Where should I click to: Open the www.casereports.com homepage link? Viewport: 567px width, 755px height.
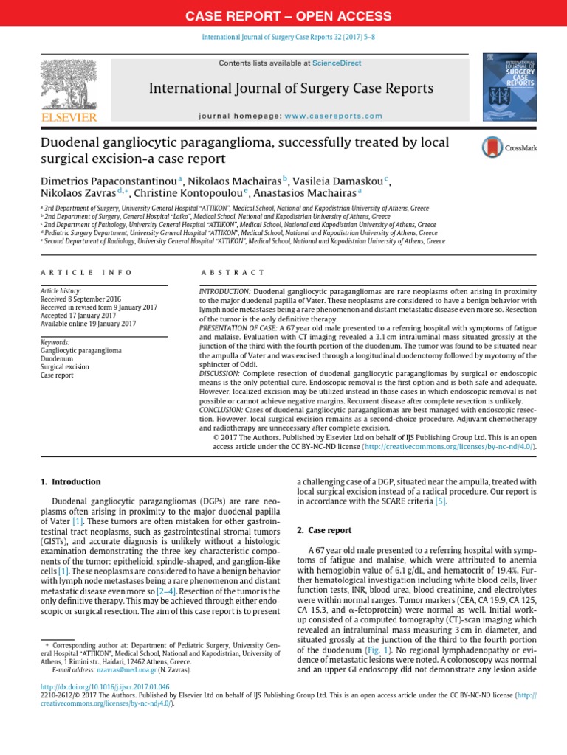[x=334, y=116]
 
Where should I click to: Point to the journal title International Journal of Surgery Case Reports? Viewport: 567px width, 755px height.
[x=291, y=89]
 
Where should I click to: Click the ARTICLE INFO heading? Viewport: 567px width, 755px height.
[x=86, y=273]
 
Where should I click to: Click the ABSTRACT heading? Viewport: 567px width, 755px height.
[x=233, y=273]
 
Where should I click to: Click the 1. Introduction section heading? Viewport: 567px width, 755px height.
[x=69, y=482]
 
